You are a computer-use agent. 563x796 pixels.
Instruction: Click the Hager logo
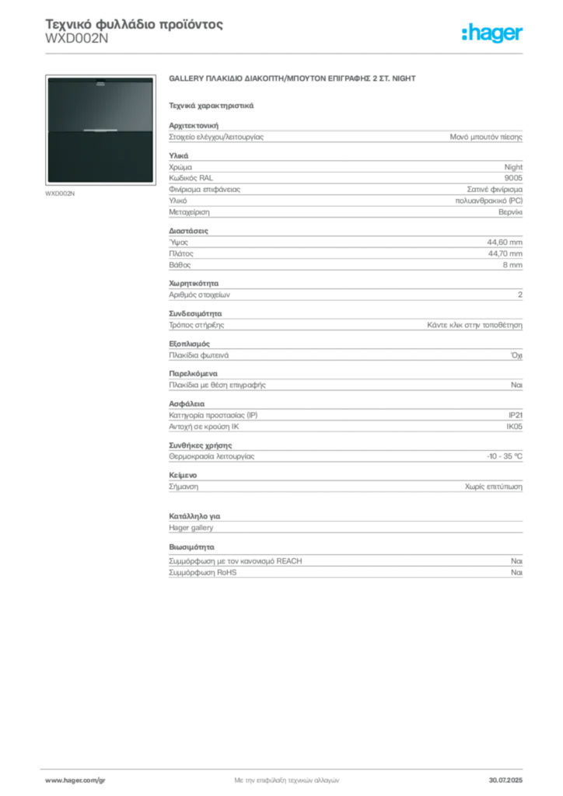[491, 33]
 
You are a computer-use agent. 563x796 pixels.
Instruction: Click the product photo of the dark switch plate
[100, 130]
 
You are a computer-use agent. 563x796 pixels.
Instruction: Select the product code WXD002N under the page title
[77, 39]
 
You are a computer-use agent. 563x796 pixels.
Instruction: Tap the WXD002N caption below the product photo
[60, 194]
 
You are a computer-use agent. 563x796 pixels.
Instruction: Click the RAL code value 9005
[513, 178]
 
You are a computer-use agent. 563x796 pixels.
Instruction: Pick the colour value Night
[513, 167]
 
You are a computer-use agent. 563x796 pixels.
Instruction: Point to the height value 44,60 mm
[505, 243]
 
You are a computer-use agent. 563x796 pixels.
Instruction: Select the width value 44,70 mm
[505, 253]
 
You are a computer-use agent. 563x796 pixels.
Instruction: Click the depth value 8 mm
[512, 265]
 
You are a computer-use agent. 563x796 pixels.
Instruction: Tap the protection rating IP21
[516, 415]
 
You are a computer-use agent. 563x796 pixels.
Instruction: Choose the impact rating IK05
[514, 427]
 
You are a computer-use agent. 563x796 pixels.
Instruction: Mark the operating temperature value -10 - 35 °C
[504, 456]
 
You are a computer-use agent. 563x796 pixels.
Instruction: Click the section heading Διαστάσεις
[188, 231]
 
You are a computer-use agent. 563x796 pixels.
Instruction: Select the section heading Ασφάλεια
[187, 404]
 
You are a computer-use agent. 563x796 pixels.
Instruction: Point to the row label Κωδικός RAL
[191, 178]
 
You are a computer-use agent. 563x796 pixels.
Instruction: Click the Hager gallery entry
[191, 528]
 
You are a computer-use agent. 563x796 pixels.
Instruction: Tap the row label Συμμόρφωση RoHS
[202, 573]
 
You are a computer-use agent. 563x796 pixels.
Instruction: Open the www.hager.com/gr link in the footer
[75, 780]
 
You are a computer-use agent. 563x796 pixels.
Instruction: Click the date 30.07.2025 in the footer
[505, 780]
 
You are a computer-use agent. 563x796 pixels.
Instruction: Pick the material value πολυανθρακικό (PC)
[489, 201]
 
